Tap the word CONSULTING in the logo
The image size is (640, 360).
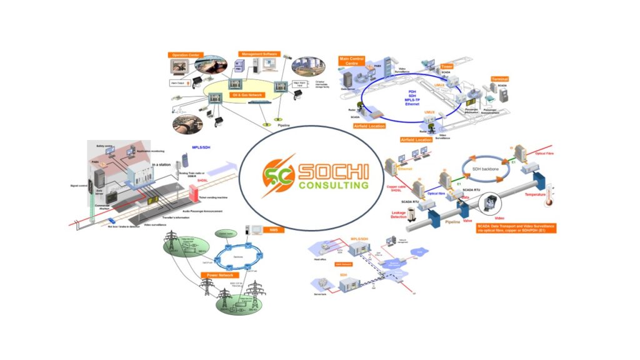[x=333, y=186]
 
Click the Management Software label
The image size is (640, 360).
[x=257, y=54]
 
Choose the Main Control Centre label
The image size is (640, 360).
[x=351, y=61]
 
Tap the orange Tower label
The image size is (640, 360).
[x=446, y=66]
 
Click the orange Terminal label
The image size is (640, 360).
[x=501, y=80]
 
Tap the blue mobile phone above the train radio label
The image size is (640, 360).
[x=186, y=158]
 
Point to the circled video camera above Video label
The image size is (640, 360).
[x=489, y=202]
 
